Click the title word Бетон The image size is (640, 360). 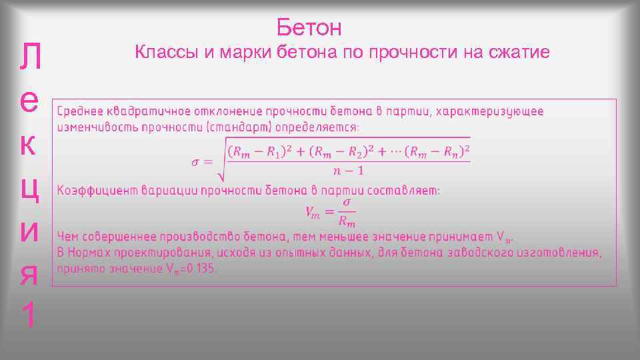point(309,27)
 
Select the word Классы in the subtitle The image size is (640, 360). point(165,52)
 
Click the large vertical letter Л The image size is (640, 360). point(33,61)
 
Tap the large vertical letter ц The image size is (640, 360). point(33,187)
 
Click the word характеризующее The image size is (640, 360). point(489,111)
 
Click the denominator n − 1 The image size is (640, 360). point(348,171)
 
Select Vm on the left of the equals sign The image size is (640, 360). point(313,211)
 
